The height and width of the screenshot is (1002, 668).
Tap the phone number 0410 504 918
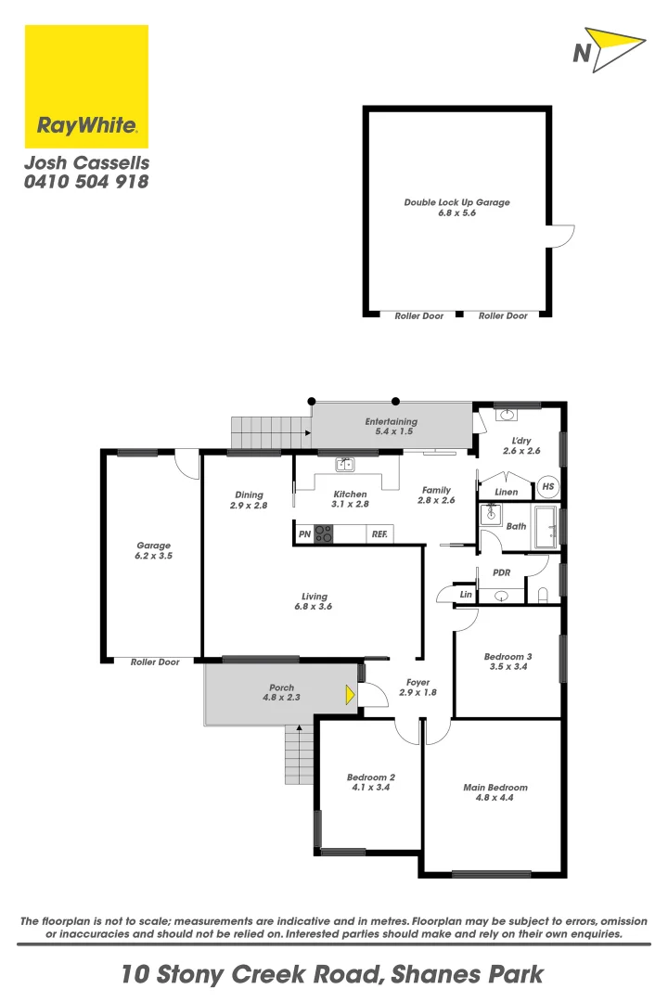pyautogui.click(x=86, y=182)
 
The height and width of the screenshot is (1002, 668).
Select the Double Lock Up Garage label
pyautogui.click(x=456, y=202)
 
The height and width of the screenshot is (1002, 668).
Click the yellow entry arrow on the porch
pyautogui.click(x=350, y=694)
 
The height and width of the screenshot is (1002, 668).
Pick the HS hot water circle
pyautogui.click(x=547, y=486)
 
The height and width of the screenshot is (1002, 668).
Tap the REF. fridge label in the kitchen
pyautogui.click(x=379, y=534)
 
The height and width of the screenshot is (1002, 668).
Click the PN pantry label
pyautogui.click(x=304, y=534)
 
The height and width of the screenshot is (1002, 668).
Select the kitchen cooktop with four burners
pyautogui.click(x=324, y=533)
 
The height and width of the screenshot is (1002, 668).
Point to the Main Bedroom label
pyautogui.click(x=495, y=788)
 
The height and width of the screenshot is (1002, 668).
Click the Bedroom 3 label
pyautogui.click(x=507, y=657)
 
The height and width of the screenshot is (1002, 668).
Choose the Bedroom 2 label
pyautogui.click(x=371, y=777)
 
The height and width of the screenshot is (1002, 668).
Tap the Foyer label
pyautogui.click(x=417, y=682)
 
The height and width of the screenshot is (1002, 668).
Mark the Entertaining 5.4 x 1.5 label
pyautogui.click(x=390, y=422)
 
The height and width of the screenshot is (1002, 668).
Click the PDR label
pyautogui.click(x=502, y=572)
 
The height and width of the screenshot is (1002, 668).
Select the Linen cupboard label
pyautogui.click(x=507, y=492)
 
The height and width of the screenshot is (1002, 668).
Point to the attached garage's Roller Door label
pyautogui.click(x=155, y=662)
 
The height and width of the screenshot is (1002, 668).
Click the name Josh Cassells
pyautogui.click(x=85, y=162)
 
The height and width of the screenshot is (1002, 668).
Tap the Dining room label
pyautogui.click(x=249, y=495)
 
